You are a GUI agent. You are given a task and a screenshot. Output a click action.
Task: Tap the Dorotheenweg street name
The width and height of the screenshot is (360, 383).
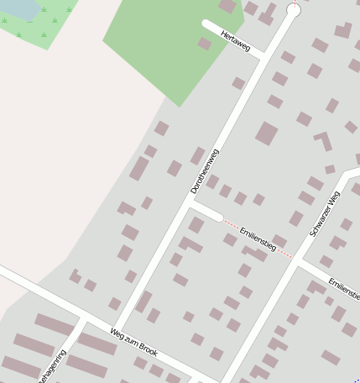click(x=204, y=171)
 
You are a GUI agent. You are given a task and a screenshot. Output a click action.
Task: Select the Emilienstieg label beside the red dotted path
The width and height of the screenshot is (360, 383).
click(x=258, y=239)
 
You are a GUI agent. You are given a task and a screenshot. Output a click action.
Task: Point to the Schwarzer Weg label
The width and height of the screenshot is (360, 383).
click(x=325, y=214)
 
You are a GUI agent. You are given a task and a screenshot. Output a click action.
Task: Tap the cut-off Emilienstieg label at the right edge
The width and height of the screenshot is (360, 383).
click(x=345, y=288)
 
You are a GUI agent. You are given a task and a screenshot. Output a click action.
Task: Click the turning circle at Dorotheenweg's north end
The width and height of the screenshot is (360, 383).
click(x=294, y=10)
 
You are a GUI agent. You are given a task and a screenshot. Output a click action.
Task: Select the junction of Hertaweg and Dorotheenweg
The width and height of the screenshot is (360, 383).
click(x=264, y=55)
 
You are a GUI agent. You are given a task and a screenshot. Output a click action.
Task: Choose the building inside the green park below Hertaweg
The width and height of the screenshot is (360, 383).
click(x=205, y=44)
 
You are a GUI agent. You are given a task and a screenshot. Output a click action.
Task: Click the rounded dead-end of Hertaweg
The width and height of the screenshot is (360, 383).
click(x=206, y=25)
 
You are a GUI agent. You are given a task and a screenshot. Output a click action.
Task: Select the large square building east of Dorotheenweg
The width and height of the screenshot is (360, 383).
click(x=267, y=133)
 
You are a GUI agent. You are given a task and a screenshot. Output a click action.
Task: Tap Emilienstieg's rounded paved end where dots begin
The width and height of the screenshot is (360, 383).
click(x=220, y=218)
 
